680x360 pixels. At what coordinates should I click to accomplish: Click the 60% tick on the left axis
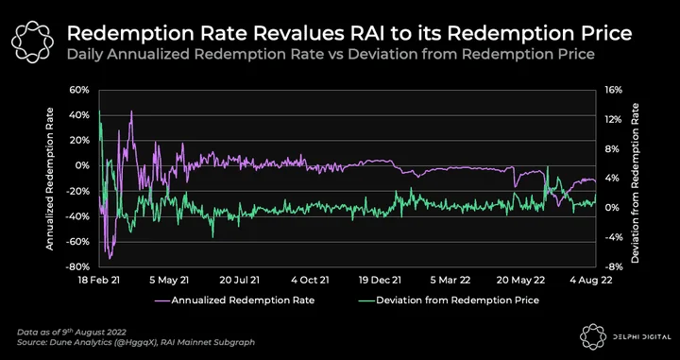coord(79,90)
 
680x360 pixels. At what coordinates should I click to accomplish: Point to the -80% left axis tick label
coord(77,266)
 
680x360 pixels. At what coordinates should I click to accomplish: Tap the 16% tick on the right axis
coord(614,90)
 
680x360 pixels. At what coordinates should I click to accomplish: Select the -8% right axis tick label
coord(612,266)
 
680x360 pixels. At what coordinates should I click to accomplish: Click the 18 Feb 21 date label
coord(99,281)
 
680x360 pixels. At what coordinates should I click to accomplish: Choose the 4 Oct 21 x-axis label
coord(310,281)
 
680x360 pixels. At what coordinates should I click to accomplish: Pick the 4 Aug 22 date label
coord(591,281)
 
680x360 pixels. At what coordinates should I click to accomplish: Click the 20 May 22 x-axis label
coord(520,281)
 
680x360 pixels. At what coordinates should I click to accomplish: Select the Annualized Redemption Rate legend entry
coord(234,300)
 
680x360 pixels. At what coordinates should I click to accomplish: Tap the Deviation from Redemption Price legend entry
coord(449,300)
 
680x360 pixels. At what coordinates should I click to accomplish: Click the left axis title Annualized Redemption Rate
coord(50,179)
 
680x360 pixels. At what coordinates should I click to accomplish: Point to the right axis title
coord(636,182)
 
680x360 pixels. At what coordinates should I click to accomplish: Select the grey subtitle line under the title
coord(330,55)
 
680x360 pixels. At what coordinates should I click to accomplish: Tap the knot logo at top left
coord(32,42)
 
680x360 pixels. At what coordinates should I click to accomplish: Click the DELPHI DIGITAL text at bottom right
coord(643,336)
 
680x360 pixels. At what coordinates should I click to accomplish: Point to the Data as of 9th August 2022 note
coord(72,333)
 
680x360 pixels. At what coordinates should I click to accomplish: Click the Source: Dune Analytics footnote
coord(136,343)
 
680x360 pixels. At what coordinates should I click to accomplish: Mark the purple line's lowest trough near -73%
coord(110,259)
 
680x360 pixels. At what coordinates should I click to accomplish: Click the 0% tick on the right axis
coord(611,208)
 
